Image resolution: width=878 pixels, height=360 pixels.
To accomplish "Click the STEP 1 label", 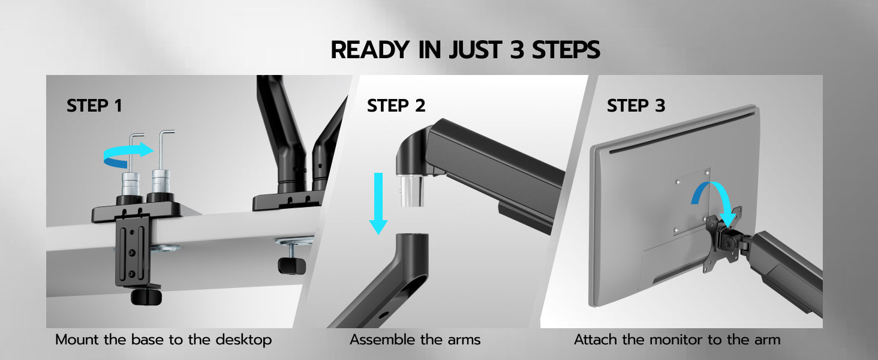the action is point(95,106).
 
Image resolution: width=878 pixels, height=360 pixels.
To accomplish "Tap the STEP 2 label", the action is point(396,106).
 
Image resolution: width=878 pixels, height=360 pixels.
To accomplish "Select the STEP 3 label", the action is point(636,106).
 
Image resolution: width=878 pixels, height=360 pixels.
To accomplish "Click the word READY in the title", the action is point(370,50).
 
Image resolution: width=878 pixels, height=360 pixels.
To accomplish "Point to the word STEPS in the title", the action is point(566,50).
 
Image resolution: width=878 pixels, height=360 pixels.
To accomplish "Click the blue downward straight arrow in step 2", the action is point(378,203).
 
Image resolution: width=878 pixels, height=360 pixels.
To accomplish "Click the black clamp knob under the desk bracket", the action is point(146,297).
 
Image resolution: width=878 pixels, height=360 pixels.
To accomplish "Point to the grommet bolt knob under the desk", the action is point(291,265).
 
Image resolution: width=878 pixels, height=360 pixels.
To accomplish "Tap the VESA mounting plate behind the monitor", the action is point(723,240).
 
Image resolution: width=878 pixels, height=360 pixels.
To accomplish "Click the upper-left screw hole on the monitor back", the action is point(678,182).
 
